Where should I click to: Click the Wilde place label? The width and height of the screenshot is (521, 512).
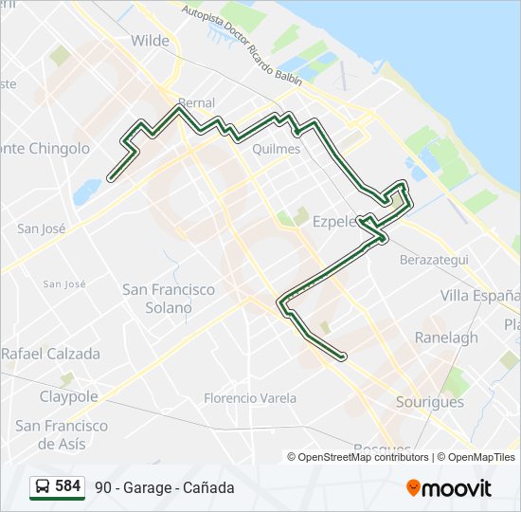pyautogui.click(x=151, y=41)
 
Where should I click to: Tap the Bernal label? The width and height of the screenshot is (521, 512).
pyautogui.click(x=195, y=102)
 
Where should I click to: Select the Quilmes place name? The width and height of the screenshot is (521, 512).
pyautogui.click(x=277, y=149)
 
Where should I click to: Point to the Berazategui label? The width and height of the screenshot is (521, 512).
pyautogui.click(x=434, y=259)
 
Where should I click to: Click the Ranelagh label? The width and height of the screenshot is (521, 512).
pyautogui.click(x=446, y=338)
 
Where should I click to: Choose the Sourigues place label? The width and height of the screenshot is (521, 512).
pyautogui.click(x=430, y=402)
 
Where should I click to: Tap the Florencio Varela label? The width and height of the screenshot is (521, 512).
pyautogui.click(x=250, y=398)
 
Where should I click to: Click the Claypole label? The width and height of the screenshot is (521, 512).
pyautogui.click(x=68, y=396)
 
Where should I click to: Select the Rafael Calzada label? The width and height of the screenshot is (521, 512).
pyautogui.click(x=50, y=354)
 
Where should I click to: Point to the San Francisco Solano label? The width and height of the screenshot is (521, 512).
pyautogui.click(x=169, y=299)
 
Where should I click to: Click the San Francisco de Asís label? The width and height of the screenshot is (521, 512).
pyautogui.click(x=63, y=434)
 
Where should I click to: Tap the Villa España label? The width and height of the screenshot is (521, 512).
pyautogui.click(x=480, y=296)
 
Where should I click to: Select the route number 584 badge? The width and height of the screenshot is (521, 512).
pyautogui.click(x=68, y=486)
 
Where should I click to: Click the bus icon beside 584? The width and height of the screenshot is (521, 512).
pyautogui.click(x=43, y=487)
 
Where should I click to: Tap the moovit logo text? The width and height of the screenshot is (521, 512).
pyautogui.click(x=457, y=488)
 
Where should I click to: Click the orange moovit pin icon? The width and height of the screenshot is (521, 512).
pyautogui.click(x=413, y=487)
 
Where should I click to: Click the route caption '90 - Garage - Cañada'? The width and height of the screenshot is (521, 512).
pyautogui.click(x=164, y=487)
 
